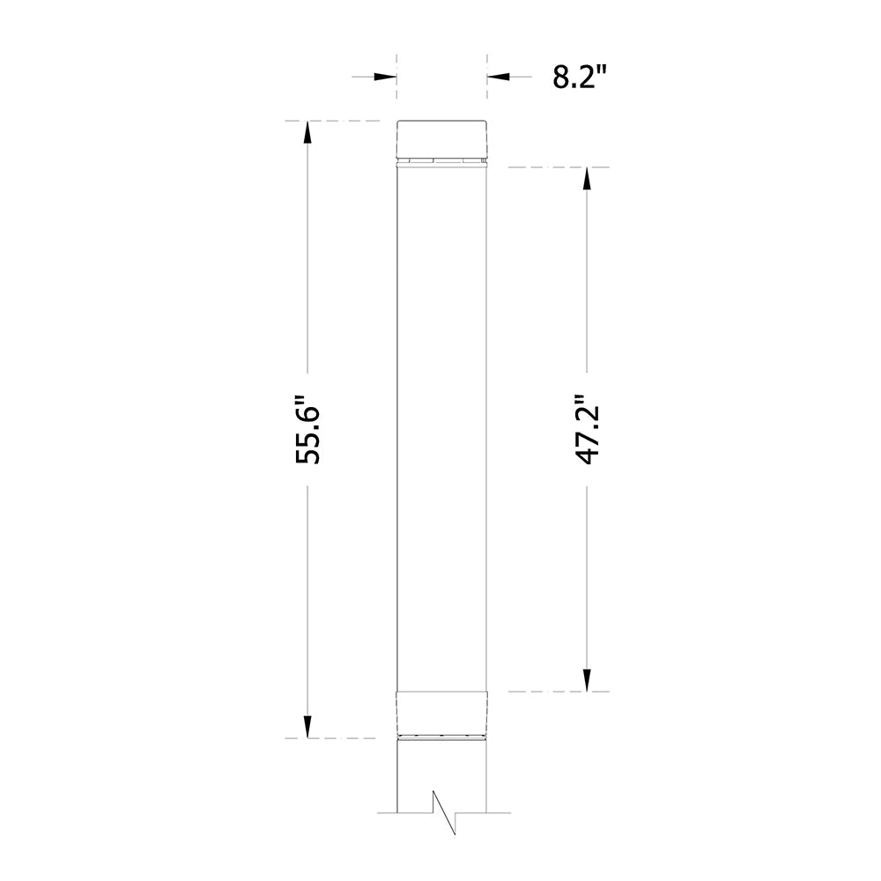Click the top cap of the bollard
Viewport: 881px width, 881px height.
pyautogui.click(x=441, y=138)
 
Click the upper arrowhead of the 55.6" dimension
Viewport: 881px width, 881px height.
pyautogui.click(x=307, y=132)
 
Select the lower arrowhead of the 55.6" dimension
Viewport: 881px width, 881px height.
pyautogui.click(x=307, y=726)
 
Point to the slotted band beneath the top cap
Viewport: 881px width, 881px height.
pyautogui.click(x=441, y=161)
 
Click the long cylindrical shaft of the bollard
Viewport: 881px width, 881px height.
pyautogui.click(x=441, y=423)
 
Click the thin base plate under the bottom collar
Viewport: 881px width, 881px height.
pyautogui.click(x=441, y=737)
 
